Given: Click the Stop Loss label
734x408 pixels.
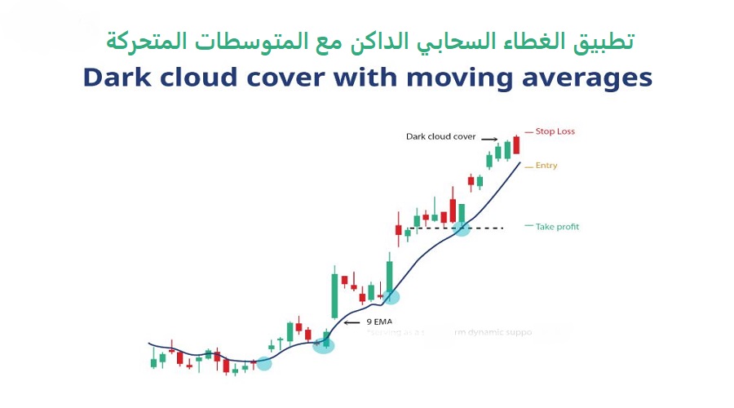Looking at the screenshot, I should tap(555, 131).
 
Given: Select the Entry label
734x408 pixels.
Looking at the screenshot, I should tap(546, 166).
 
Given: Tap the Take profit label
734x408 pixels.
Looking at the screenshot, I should tap(557, 227).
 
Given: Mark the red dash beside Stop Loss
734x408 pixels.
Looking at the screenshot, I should tap(528, 131).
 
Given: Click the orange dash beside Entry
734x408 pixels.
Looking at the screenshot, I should tap(528, 166).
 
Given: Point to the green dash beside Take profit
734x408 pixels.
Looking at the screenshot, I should tap(528, 226).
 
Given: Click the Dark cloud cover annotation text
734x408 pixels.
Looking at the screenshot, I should tap(441, 137).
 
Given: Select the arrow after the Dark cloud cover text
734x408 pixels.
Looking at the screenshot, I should tap(489, 138).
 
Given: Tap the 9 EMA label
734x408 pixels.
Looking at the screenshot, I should tap(379, 322).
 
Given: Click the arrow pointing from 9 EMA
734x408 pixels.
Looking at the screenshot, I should tap(352, 322).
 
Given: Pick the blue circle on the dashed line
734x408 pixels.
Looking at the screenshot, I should tap(462, 228).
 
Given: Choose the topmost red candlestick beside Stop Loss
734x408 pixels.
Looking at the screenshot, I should tap(516, 145).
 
